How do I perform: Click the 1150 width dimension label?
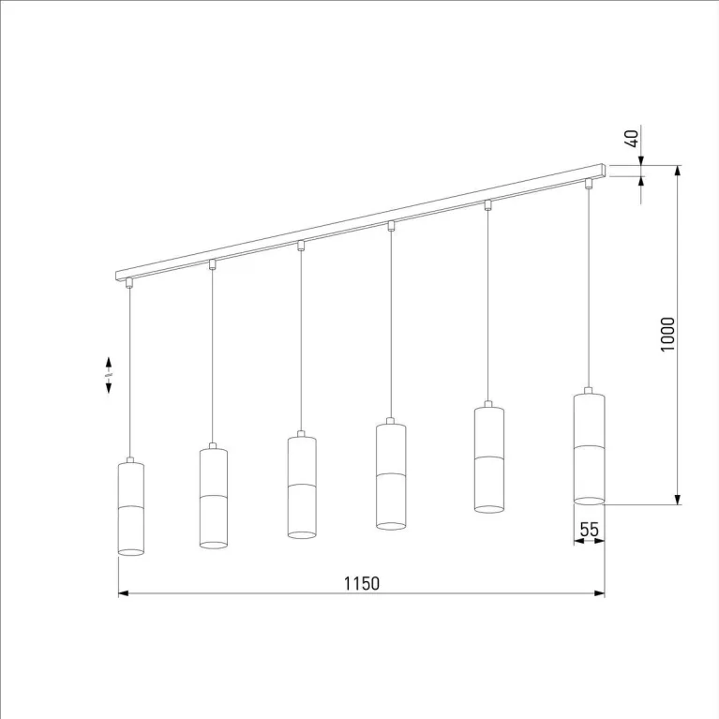(x=361, y=583)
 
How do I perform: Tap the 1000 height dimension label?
(x=667, y=335)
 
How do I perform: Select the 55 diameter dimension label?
(x=590, y=530)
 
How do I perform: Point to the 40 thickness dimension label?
(x=632, y=139)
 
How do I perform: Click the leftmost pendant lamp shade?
(x=131, y=508)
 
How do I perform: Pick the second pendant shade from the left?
(x=214, y=498)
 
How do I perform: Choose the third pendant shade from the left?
(x=302, y=487)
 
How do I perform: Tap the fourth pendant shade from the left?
(x=391, y=476)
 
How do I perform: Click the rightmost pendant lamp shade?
(x=590, y=448)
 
